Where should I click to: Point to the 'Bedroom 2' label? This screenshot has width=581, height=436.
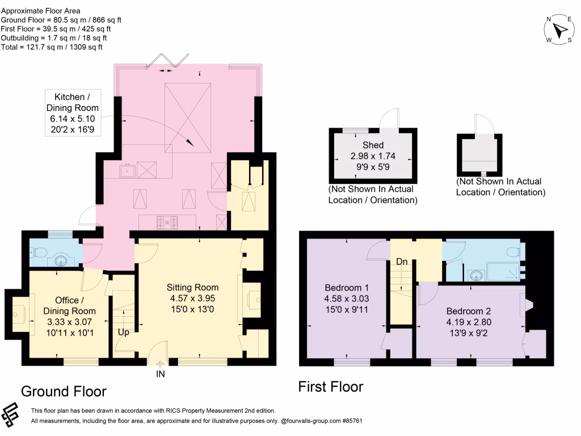click(x=468, y=311)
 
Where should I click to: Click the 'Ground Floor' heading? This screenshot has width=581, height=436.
click(x=64, y=391)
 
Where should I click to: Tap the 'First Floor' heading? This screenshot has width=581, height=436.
click(x=331, y=387)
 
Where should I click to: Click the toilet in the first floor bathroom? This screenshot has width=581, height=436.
click(x=515, y=251)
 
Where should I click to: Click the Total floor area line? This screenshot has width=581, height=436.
click(x=52, y=47)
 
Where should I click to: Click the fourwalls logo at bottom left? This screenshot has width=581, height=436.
click(x=12, y=415)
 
